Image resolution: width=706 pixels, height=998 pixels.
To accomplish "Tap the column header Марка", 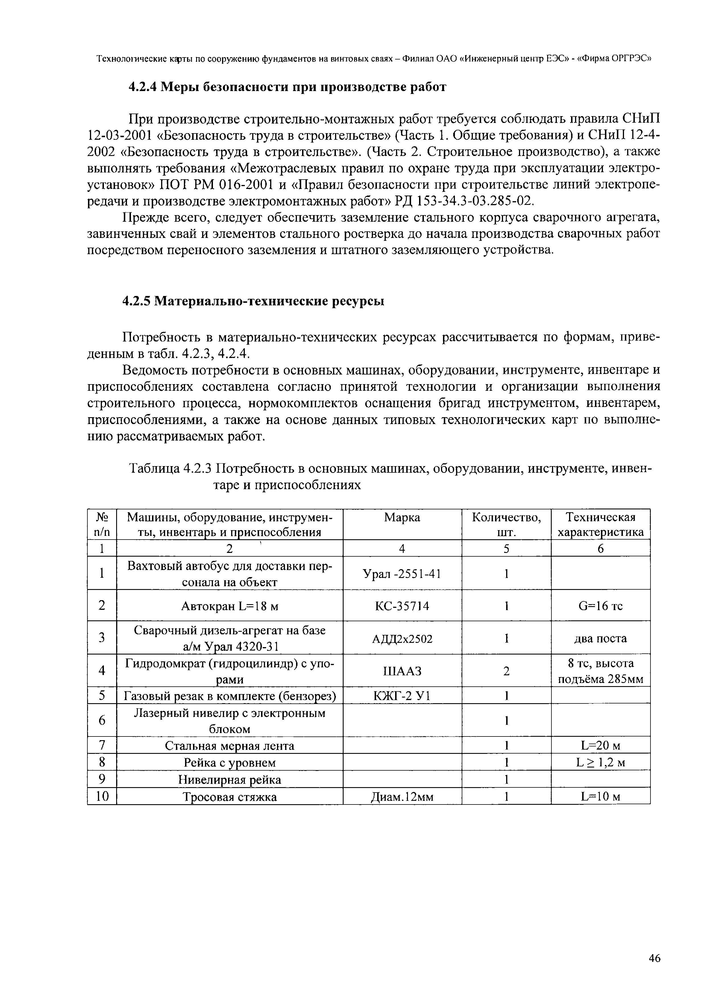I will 402,517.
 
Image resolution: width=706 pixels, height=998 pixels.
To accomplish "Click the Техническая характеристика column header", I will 600,525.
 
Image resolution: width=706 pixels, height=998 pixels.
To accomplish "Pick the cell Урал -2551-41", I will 402,574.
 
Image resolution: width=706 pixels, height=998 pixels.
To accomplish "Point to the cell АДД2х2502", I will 402,638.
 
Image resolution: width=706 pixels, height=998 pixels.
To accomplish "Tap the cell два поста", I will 600,638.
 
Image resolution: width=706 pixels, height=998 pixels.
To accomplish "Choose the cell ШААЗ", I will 402,671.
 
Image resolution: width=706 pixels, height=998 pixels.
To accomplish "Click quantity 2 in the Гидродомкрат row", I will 506,671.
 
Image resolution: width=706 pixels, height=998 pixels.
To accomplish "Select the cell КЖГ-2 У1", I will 402,696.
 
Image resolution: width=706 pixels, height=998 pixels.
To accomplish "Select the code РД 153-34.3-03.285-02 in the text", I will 463,201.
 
